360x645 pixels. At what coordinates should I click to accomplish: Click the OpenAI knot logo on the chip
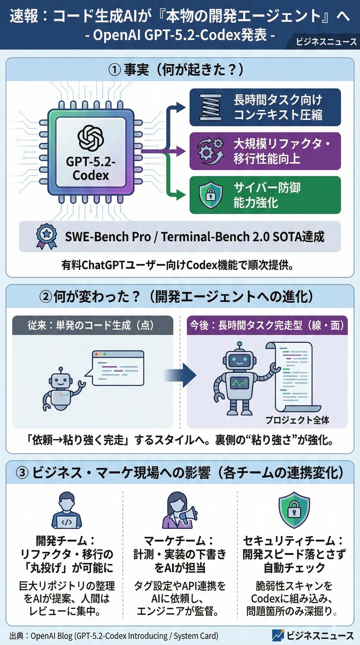(91, 138)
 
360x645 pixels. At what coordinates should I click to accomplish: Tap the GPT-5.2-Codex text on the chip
(91, 169)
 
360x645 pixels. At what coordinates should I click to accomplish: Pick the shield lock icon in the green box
(211, 195)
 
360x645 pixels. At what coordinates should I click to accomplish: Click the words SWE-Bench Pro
(108, 237)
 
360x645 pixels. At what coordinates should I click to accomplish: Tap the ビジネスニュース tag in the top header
(326, 42)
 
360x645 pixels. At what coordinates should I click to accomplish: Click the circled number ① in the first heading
(114, 70)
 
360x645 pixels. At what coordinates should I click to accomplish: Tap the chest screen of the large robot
(239, 383)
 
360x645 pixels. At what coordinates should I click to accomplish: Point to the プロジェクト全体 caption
(297, 420)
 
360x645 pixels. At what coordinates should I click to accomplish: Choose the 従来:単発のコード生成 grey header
(93, 325)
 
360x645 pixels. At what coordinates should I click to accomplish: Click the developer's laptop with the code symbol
(67, 522)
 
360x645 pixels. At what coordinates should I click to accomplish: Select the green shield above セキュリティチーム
(294, 510)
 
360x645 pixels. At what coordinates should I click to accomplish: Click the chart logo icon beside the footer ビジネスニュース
(278, 635)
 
